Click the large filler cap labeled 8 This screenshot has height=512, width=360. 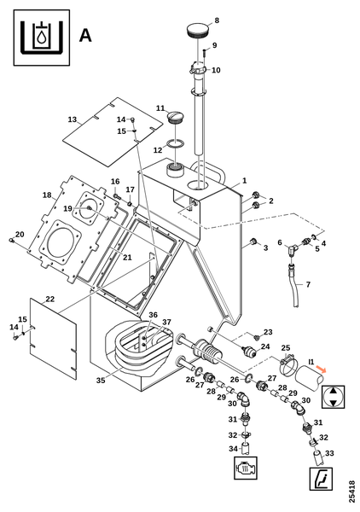pos(198,30)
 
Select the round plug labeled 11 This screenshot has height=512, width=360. pos(175,117)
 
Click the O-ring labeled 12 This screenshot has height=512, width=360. pos(175,143)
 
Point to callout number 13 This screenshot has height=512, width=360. pos(73,119)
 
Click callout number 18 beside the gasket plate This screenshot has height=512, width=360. pos(47,195)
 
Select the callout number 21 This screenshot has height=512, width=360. pos(127,258)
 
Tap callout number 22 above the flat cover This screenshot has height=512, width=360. pos(50,299)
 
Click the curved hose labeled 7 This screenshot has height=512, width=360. pos(293,287)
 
